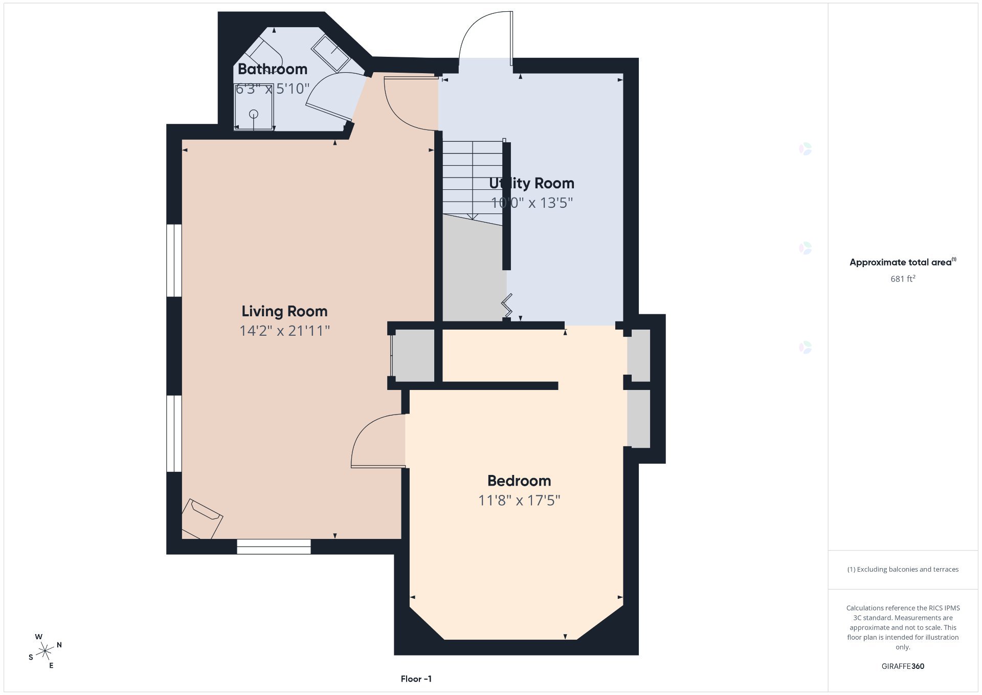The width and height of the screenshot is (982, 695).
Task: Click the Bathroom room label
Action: [x=273, y=69]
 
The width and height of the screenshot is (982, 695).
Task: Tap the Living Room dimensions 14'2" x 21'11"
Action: [x=284, y=331]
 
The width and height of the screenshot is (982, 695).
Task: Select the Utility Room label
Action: [x=531, y=183]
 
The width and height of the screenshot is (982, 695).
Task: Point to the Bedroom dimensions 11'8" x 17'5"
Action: [x=519, y=500]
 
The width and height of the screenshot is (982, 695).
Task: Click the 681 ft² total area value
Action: [x=903, y=279]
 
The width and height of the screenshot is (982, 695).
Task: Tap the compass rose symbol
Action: [x=46, y=651]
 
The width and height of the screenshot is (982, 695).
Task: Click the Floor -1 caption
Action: [x=416, y=679]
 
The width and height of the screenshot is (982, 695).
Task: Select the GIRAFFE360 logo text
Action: [x=903, y=666]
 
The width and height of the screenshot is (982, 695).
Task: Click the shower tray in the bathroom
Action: [x=254, y=107]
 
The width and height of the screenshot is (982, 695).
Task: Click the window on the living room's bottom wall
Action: [x=274, y=547]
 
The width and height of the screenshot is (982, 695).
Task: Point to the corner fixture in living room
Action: [x=202, y=519]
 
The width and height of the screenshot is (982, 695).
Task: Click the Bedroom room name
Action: [x=519, y=481]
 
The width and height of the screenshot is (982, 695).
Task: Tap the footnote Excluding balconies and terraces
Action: [x=903, y=569]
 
